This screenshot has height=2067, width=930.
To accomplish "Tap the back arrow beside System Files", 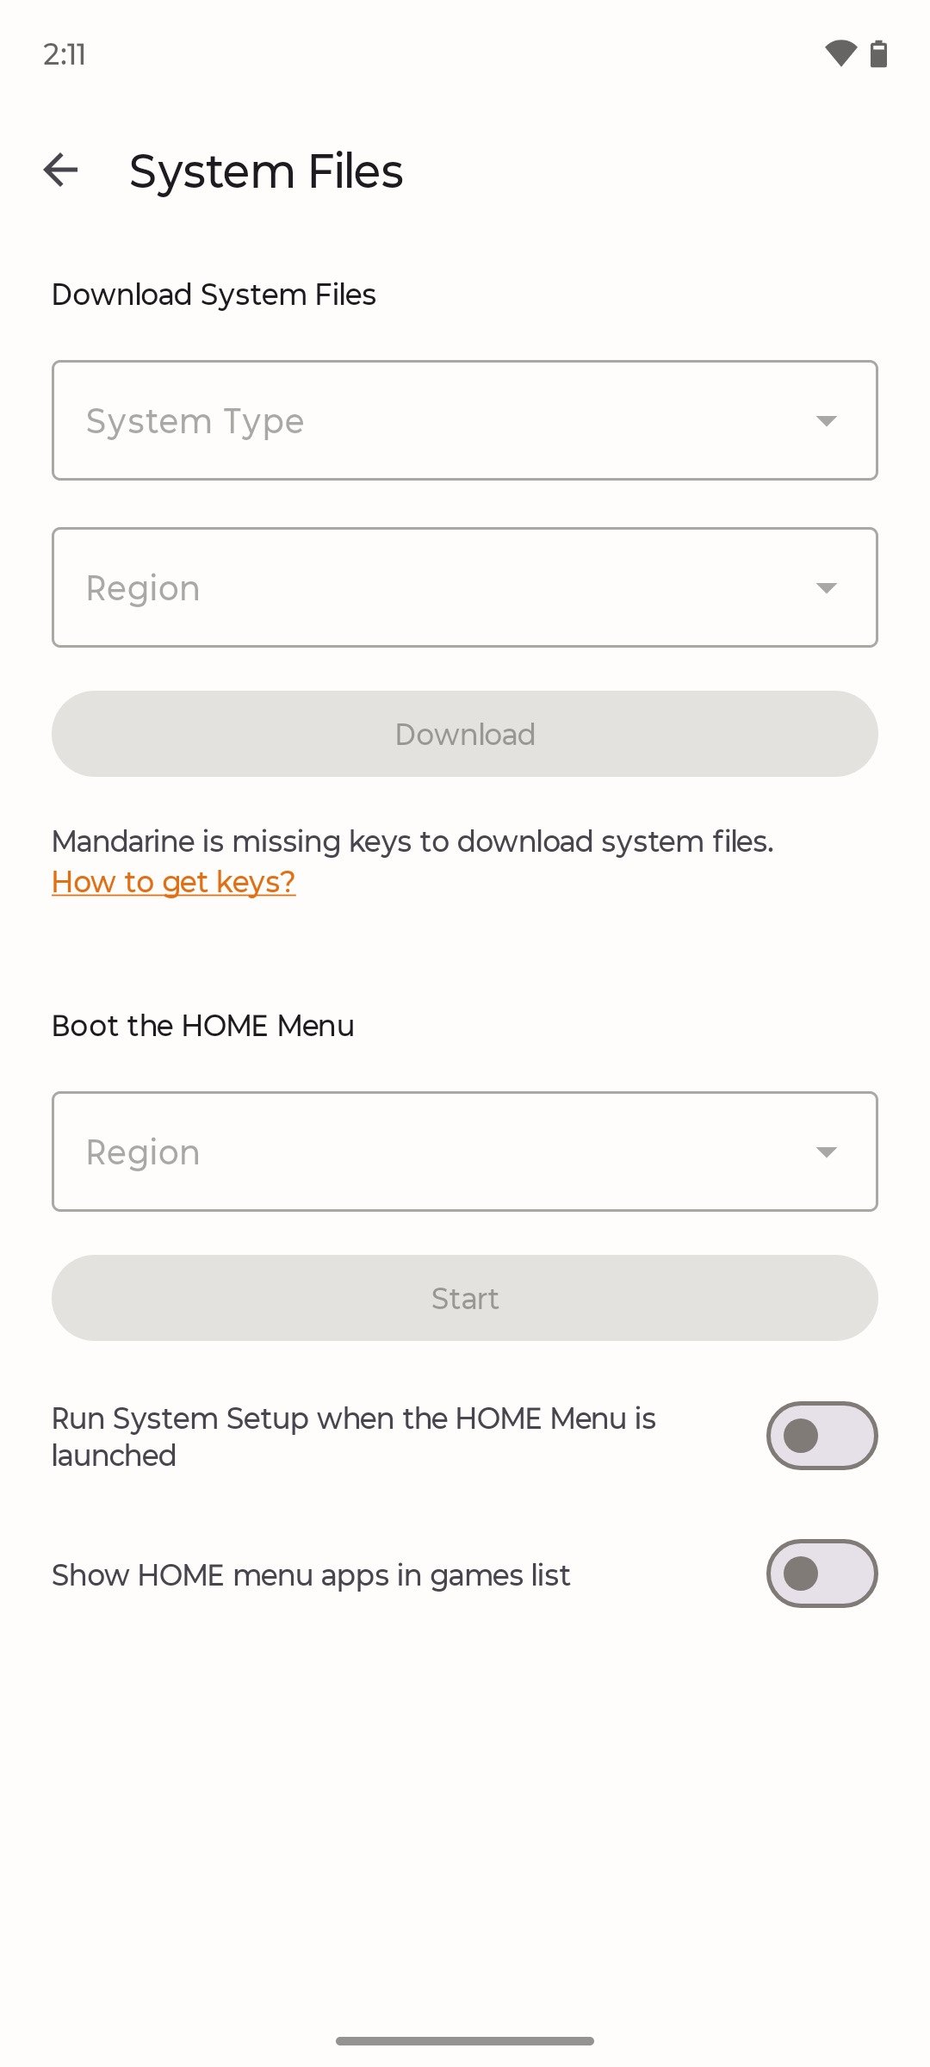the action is click(x=60, y=170).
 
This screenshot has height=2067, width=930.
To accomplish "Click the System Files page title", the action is click(x=266, y=171).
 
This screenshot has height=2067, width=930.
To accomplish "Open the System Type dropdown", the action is click(x=465, y=420).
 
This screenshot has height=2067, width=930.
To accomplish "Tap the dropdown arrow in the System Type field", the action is click(x=827, y=421).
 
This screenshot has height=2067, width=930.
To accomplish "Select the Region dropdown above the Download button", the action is click(x=465, y=587).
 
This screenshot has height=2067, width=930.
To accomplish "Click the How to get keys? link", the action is click(x=174, y=882).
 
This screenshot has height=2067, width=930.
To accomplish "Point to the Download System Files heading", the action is click(x=214, y=295).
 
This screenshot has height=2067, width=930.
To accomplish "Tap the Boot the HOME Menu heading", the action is click(x=203, y=1026).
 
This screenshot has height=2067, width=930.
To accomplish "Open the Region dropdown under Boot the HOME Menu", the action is click(x=465, y=1151).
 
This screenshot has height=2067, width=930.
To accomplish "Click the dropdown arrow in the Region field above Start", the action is click(x=827, y=1152).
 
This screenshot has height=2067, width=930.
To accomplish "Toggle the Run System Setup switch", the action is click(x=822, y=1436).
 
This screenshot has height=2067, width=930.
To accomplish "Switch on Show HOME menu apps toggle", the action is click(x=822, y=1574).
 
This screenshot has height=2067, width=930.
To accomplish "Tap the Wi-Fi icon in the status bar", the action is click(x=840, y=53).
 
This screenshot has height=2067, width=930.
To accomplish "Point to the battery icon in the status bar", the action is click(x=878, y=53).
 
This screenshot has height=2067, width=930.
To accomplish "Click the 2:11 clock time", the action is click(x=65, y=54).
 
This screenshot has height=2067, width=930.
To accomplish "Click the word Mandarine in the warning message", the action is click(x=124, y=841).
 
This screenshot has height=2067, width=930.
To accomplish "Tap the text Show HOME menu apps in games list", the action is click(x=311, y=1575).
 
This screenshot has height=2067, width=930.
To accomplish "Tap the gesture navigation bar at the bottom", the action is click(x=465, y=2040).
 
